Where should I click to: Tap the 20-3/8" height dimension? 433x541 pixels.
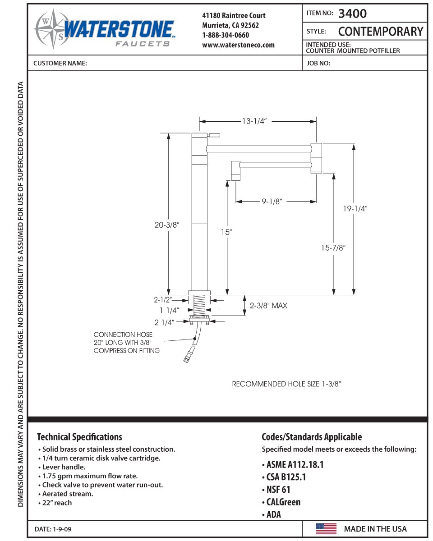pyautogui.click(x=167, y=225)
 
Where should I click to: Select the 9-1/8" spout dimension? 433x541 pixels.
pyautogui.click(x=272, y=202)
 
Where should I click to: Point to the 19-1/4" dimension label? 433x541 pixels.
pyautogui.click(x=355, y=209)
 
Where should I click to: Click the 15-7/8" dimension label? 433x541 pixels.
pyautogui.click(x=334, y=247)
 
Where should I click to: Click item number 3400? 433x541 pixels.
pyautogui.click(x=352, y=14)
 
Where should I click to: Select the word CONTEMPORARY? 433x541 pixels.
pyautogui.click(x=381, y=32)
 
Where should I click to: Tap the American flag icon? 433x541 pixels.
pyautogui.click(x=326, y=529)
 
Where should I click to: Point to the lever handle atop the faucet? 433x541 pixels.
pyautogui.click(x=213, y=135)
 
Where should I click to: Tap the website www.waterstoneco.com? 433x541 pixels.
pyautogui.click(x=238, y=45)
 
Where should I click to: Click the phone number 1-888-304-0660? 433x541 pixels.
pyautogui.click(x=226, y=35)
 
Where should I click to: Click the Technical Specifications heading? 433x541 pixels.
pyautogui.click(x=79, y=436)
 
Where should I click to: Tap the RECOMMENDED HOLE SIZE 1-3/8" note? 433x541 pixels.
pyautogui.click(x=286, y=384)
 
